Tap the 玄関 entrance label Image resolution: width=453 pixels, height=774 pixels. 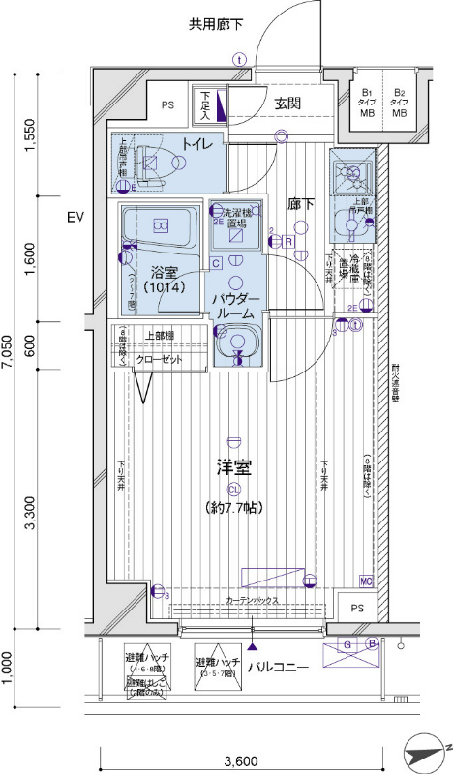tap(287, 104)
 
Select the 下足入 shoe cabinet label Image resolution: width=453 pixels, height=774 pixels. tap(207, 105)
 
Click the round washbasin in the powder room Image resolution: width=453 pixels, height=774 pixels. tap(235, 342)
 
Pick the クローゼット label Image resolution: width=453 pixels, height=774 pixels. tap(158, 358)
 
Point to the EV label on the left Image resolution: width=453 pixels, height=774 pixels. tap(75, 218)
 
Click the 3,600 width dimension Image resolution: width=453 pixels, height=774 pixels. tap(254, 759)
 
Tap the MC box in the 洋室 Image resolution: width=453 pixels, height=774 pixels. tap(366, 580)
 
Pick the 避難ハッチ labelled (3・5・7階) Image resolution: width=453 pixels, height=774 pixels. tap(215, 668)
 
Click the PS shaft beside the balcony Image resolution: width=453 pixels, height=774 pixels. tap(356, 608)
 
